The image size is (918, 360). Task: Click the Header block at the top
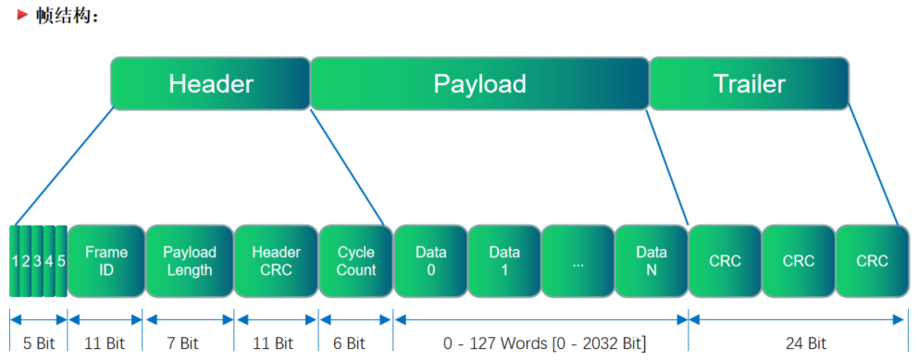(210, 83)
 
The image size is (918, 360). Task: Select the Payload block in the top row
(479, 83)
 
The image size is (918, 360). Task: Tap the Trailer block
(749, 83)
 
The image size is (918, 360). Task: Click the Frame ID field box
(106, 261)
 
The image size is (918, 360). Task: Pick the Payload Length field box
(190, 261)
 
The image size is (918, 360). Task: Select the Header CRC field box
(275, 261)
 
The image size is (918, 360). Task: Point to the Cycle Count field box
(355, 261)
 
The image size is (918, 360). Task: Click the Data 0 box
(430, 261)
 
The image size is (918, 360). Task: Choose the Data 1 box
(504, 261)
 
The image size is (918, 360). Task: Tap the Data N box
(651, 261)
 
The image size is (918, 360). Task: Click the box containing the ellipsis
(578, 261)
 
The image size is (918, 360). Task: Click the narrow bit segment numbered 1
(16, 261)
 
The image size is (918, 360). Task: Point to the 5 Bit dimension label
(38, 343)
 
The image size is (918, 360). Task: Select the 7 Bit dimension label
(190, 343)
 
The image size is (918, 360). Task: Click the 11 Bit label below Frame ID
(106, 343)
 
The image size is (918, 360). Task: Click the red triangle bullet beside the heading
(23, 16)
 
